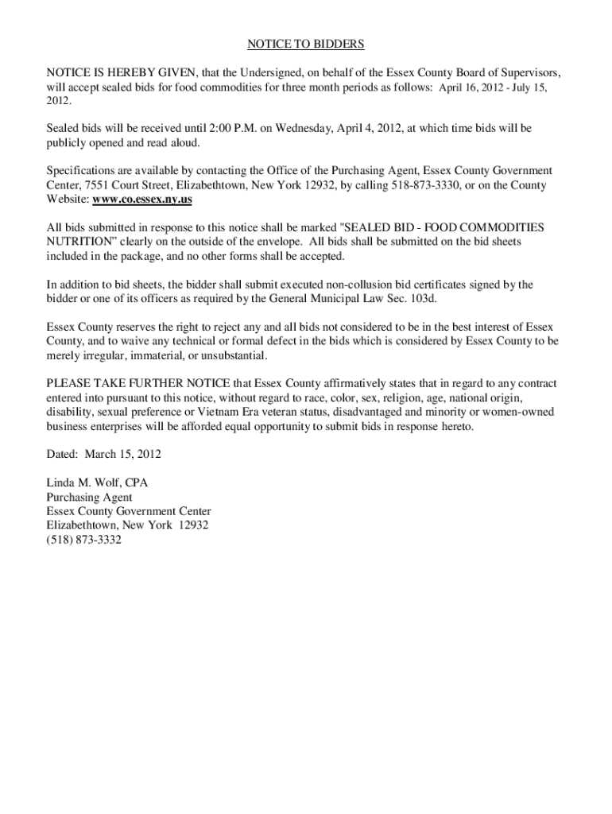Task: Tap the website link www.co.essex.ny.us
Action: pos(143,199)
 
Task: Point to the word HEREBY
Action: pos(122,72)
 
